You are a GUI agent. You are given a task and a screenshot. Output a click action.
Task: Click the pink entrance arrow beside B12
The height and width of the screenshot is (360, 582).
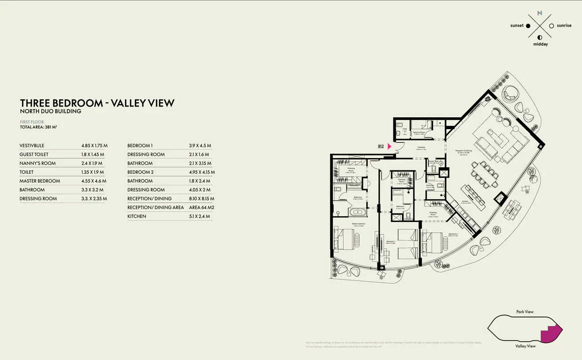389,146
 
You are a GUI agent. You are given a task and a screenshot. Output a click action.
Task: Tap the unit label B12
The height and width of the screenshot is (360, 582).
381,146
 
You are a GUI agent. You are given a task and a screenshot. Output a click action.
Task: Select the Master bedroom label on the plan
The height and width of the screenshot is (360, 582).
359,224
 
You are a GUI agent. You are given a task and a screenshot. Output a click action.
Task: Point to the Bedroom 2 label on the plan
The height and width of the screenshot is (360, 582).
453,234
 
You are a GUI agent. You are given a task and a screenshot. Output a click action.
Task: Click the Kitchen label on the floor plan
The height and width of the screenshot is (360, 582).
465,201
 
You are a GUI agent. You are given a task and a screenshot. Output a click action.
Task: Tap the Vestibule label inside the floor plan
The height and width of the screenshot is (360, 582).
421,147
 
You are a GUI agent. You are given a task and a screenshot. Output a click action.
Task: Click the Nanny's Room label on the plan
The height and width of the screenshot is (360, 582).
419,132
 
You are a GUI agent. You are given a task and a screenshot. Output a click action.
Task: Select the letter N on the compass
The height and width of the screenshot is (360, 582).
539,13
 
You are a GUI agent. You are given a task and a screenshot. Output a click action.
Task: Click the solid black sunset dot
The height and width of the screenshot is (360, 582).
528,26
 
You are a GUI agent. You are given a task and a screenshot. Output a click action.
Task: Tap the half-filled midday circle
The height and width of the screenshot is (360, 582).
540,38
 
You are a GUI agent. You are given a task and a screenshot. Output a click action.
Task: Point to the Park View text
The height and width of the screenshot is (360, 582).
525,312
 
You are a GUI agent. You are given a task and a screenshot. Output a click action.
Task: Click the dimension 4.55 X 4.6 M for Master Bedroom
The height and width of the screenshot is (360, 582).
94,181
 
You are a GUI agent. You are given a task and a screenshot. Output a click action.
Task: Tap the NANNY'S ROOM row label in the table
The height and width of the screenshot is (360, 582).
38,163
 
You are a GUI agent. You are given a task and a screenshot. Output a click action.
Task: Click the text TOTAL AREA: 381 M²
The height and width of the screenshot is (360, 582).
39,127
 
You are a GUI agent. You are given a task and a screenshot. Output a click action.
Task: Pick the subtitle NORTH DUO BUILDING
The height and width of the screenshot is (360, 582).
51,111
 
